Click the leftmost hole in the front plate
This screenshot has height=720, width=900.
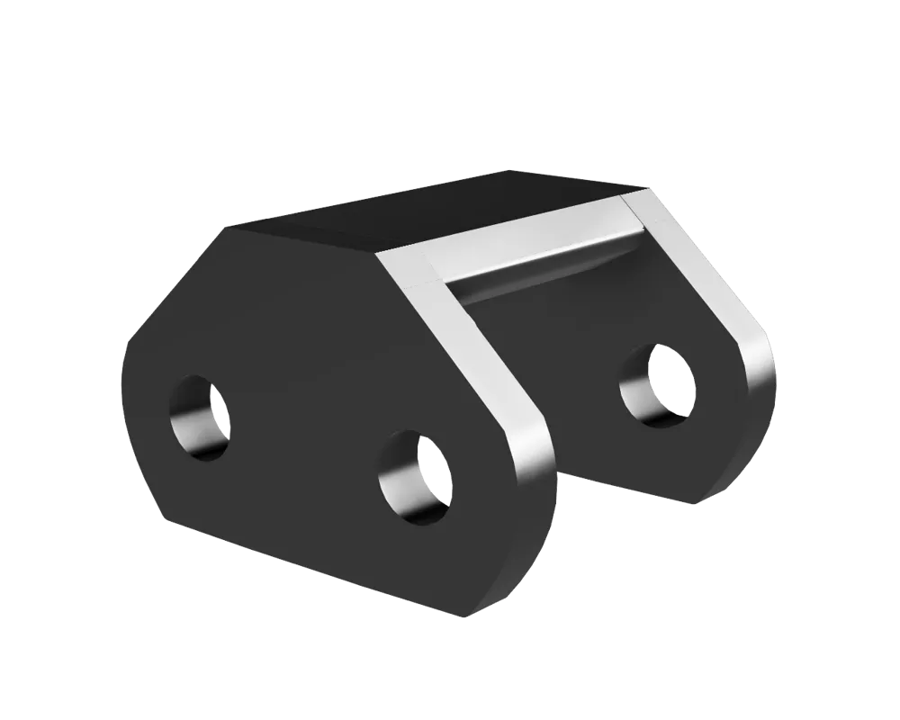pos(200,415)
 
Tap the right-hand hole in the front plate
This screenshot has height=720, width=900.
pos(416,476)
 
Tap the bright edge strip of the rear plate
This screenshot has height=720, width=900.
pos(720,297)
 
